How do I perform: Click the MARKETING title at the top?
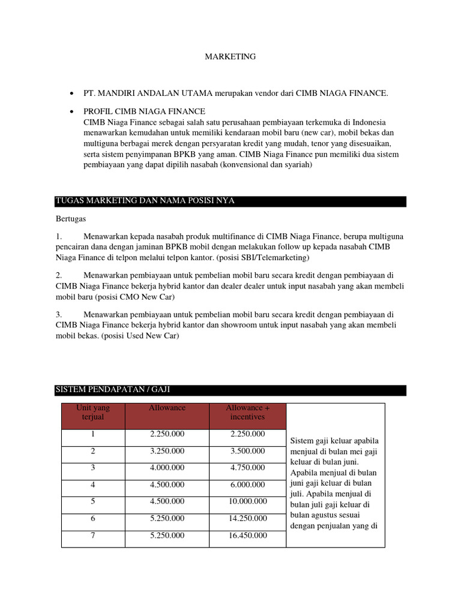tap(230, 56)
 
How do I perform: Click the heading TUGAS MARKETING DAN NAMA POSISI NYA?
tap(145, 201)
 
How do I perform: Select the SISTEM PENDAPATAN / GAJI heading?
tap(113, 390)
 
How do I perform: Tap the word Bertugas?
tap(71, 219)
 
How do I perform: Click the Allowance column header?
tap(167, 408)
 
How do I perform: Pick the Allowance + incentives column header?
tap(247, 412)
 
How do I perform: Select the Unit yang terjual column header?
tap(93, 412)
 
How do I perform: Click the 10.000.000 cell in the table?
tap(247, 501)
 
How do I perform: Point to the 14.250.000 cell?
tap(247, 519)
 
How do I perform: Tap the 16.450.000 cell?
tap(247, 536)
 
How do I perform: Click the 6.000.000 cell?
tap(247, 484)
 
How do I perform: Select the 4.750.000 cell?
tap(247, 468)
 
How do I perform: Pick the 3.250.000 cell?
tap(167, 451)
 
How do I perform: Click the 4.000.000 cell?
tap(167, 468)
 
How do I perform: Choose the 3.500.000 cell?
tap(247, 451)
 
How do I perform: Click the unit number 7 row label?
tap(93, 536)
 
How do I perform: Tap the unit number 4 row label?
tap(93, 484)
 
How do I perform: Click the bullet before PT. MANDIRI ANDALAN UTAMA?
tap(71, 94)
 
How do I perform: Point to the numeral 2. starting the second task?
tap(59, 275)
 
